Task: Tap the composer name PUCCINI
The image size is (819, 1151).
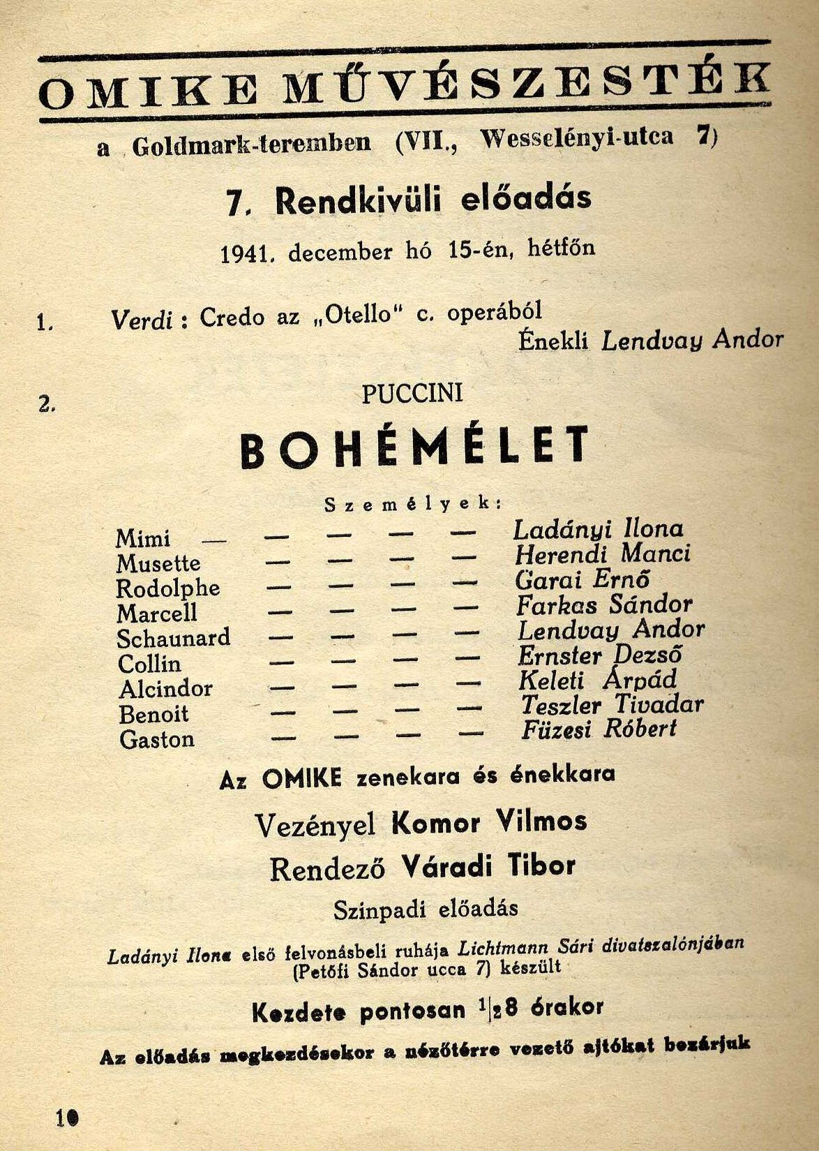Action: [412, 394]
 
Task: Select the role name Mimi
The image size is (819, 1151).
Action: [143, 539]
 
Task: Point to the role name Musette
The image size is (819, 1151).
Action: [158, 564]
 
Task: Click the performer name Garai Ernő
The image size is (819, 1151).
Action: [583, 579]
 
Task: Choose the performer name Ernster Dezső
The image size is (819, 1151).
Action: [599, 655]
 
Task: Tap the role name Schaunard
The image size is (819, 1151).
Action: [173, 639]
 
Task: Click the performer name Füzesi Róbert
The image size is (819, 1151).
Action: [599, 729]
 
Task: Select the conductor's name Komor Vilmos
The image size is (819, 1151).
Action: [489, 822]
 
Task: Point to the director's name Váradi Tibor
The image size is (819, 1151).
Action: [488, 866]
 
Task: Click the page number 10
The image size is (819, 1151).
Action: [67, 1117]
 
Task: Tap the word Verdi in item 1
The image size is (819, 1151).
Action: [142, 320]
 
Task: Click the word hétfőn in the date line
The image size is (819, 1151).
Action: [562, 248]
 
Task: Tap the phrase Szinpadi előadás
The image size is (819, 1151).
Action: [426, 909]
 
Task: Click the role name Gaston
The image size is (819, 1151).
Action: [157, 739]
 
